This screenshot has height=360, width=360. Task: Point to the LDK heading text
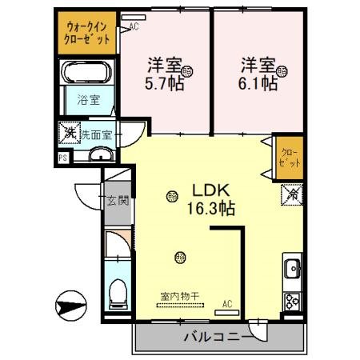coord(210,190)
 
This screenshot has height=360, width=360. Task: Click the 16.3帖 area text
coord(211,210)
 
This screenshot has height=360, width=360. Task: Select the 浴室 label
coord(88,101)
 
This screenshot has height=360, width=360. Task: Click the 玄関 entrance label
coord(118,201)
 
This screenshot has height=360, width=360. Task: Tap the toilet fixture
coord(119,293)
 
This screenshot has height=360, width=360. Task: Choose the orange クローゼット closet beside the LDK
coord(290,152)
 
